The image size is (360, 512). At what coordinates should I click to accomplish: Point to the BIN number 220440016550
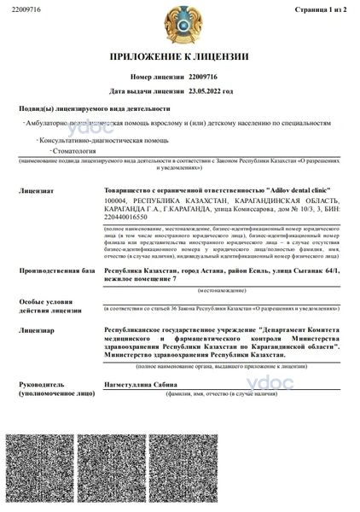click(x=127, y=218)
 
